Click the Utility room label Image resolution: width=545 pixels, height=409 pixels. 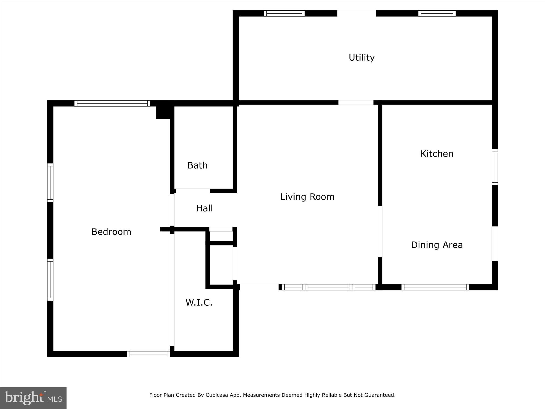tap(362, 58)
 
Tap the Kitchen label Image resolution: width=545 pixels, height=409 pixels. tap(437, 154)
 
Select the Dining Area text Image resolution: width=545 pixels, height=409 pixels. tap(437, 245)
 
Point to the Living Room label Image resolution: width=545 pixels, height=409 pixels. tap(307, 197)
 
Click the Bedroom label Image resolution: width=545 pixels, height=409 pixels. tap(111, 232)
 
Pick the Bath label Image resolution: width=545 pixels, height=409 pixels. tap(197, 165)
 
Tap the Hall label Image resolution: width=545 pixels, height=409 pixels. tap(204, 208)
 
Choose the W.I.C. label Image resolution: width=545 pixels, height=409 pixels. tap(199, 302)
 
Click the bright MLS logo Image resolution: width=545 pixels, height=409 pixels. tap(33, 398)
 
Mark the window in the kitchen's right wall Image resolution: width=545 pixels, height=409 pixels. tap(495, 167)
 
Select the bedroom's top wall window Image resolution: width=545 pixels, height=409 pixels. tap(112, 103)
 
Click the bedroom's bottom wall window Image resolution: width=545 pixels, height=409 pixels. tap(148, 354)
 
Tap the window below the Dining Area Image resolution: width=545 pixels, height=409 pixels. tap(435, 287)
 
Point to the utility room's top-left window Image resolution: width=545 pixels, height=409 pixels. tap(284, 13)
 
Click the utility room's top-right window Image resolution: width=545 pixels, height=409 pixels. tap(437, 13)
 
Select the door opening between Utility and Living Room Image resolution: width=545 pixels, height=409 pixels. tap(356, 103)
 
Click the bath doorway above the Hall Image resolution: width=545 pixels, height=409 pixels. tap(193, 191)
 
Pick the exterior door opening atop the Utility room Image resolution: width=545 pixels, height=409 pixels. tap(357, 13)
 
